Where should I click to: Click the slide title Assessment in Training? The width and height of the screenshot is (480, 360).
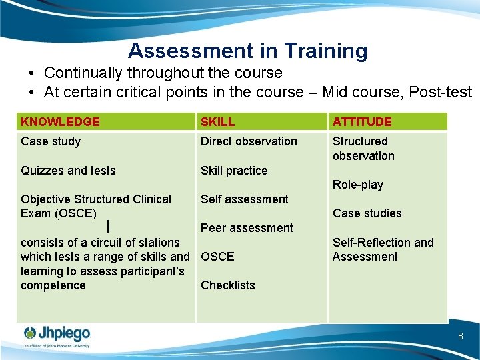(x=247, y=51)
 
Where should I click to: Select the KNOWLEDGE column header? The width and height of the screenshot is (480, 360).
(x=60, y=122)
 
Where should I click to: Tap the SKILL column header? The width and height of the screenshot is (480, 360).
(x=218, y=122)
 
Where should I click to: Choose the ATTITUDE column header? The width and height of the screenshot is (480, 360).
(x=362, y=122)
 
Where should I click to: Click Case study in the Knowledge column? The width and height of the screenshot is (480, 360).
(x=51, y=141)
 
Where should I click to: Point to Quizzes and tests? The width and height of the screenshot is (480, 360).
(x=68, y=171)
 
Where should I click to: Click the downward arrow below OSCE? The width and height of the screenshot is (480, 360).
(x=108, y=227)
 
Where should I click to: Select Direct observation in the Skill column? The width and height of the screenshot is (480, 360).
(x=249, y=141)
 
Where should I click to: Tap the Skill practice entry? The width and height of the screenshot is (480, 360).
(x=234, y=171)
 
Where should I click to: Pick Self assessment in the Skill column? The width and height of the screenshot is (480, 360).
(x=245, y=199)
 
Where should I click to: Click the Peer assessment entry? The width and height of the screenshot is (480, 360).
(x=247, y=228)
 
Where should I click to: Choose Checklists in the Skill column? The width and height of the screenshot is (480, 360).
(x=228, y=285)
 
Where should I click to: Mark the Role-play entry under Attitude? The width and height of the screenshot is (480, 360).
(x=358, y=185)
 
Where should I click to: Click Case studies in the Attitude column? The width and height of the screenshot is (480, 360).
(x=367, y=213)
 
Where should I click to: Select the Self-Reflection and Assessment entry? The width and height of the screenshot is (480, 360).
(x=383, y=249)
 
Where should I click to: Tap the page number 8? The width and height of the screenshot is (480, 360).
(x=460, y=336)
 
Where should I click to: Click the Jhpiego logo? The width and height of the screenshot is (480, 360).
(x=57, y=335)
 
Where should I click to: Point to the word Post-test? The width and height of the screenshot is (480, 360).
(x=441, y=92)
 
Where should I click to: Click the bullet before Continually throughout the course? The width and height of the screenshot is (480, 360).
(x=32, y=73)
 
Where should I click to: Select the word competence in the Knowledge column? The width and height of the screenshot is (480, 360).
(x=53, y=285)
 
